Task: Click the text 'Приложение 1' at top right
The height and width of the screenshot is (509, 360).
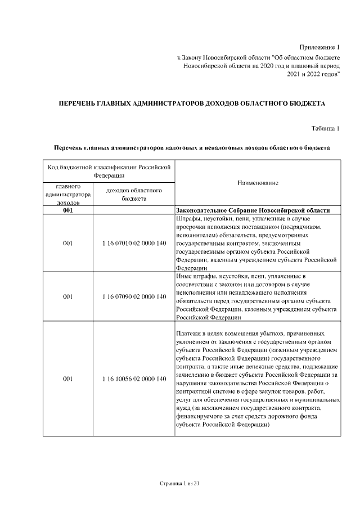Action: (x=319, y=46)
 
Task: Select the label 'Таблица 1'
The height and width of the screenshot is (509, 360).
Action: (x=326, y=129)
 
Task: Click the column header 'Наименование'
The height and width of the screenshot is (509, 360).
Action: (x=258, y=183)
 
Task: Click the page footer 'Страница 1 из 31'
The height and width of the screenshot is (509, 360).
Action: (x=180, y=484)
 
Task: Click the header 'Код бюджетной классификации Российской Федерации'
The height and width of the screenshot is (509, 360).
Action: (x=109, y=172)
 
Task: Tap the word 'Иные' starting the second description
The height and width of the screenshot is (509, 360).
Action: (x=184, y=276)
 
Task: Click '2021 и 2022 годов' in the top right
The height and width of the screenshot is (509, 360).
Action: (x=313, y=74)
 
